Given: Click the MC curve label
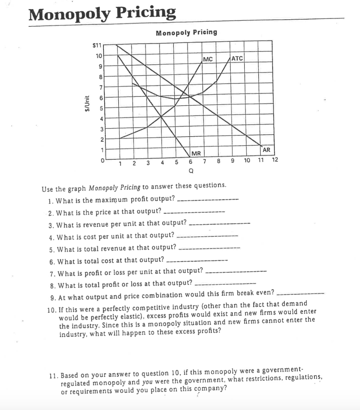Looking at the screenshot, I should tap(208, 60).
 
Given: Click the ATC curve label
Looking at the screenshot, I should tap(237, 58).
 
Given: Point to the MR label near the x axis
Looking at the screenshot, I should tap(196, 153).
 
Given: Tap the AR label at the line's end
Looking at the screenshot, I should tap(267, 150).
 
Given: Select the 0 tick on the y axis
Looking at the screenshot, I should tap(102, 160).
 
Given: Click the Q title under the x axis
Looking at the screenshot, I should tap(191, 170).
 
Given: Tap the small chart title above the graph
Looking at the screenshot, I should tap(186, 32).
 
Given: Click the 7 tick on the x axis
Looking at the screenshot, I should tap(204, 162).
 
